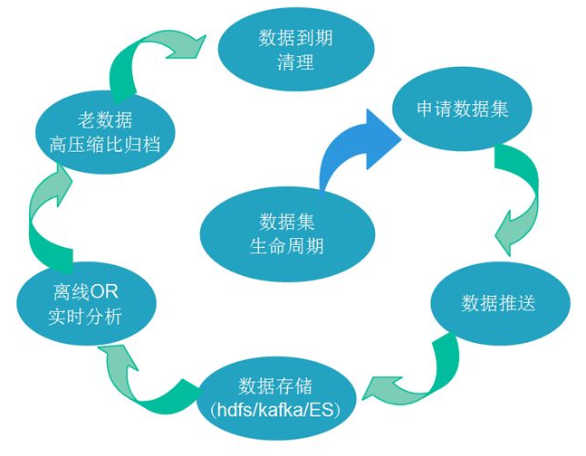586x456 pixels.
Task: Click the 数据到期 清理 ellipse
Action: (x=294, y=51)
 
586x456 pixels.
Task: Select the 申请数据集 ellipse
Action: (x=462, y=109)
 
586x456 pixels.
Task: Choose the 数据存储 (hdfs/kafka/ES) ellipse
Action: (x=274, y=399)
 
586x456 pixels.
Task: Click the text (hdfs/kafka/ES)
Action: (x=274, y=411)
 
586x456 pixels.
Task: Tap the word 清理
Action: (x=294, y=62)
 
